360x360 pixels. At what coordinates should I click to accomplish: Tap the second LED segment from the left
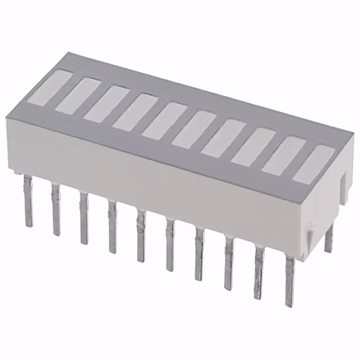click(x=76, y=95)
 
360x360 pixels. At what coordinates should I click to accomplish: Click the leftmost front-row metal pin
click(x=28, y=200)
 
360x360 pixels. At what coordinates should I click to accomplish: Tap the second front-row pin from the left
click(x=56, y=208)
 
